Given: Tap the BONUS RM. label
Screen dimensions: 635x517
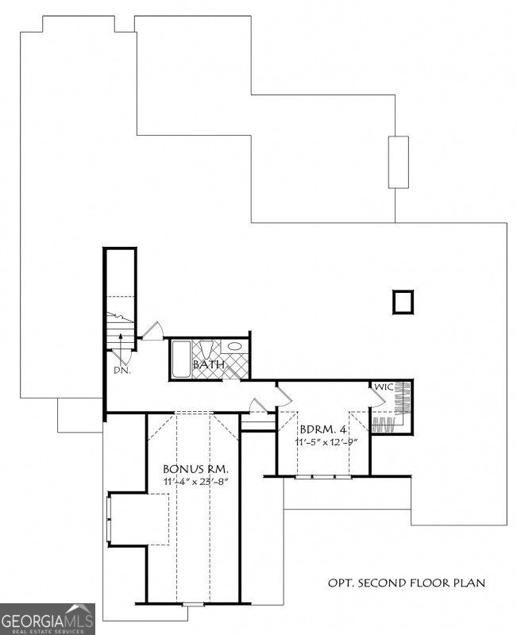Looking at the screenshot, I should [195, 469].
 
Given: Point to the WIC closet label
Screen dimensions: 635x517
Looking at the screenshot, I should [384, 387].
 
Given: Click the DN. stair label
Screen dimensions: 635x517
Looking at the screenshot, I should [121, 370].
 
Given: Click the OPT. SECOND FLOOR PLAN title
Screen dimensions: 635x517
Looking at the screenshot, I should [407, 583].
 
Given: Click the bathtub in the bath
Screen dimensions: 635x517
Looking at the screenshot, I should [179, 360].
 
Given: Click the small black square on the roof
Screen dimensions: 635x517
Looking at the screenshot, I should [403, 302].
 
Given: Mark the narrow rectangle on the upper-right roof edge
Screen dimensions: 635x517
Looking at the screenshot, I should [398, 162].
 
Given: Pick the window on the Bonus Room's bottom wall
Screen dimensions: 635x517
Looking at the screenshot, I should [193, 605].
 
